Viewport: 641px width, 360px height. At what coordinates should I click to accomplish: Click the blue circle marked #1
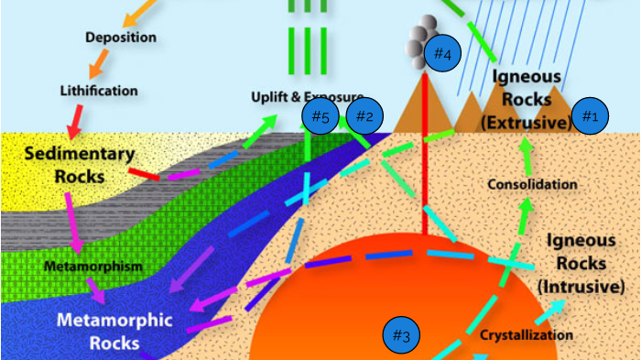(590, 116)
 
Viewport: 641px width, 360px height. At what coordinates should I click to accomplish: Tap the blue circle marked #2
(364, 116)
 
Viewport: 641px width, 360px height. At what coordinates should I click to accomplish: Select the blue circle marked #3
(400, 335)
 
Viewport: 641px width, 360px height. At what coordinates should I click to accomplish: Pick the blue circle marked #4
(442, 54)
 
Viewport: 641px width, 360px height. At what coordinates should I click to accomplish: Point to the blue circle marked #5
(320, 116)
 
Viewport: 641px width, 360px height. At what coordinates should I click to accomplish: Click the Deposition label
(121, 38)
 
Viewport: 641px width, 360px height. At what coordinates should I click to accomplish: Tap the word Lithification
(99, 91)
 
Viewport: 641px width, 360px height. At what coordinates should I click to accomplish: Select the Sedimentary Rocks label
(80, 164)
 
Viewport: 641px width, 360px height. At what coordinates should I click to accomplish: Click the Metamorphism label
(93, 266)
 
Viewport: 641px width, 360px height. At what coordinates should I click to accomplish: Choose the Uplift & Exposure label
(307, 96)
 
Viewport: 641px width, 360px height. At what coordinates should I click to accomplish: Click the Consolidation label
(532, 184)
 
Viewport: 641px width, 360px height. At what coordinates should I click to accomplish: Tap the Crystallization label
(527, 334)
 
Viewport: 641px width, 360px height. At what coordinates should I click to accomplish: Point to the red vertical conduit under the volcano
(424, 183)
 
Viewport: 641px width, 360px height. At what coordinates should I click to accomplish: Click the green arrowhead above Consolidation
(525, 146)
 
